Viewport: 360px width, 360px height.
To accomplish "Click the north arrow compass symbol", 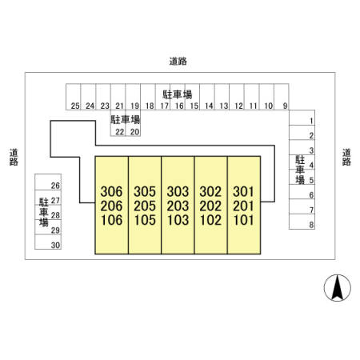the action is tap(338, 288).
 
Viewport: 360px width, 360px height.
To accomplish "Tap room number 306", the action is tap(111, 191).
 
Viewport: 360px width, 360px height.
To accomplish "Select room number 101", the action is tap(244, 220).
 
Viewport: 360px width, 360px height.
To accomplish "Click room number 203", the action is tap(178, 206).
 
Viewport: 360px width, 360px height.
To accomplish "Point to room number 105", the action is tap(145, 220).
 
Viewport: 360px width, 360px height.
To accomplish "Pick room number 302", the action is tap(210, 191).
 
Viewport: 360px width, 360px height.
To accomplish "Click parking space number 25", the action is tap(75, 106).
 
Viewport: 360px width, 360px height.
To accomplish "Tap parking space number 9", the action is tap(286, 106).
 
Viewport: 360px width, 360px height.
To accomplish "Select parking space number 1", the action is tap(311, 121).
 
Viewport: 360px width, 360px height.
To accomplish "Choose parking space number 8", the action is tap(311, 225).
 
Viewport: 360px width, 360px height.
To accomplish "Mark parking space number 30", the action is tap(55, 245).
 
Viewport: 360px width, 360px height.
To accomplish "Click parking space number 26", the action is tap(55, 186).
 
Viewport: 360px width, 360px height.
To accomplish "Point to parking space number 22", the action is tap(120, 132).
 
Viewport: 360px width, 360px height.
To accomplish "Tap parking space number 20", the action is tap(134, 132).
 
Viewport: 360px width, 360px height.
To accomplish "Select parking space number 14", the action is tap(209, 106).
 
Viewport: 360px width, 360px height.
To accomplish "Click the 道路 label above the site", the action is tap(178, 62).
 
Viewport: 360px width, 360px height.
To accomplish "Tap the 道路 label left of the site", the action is tap(14, 157).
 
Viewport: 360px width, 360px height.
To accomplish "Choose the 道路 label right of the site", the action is tap(346, 157).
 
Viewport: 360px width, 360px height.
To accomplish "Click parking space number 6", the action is tap(311, 195).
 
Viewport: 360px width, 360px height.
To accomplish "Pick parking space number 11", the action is tap(254, 106).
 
